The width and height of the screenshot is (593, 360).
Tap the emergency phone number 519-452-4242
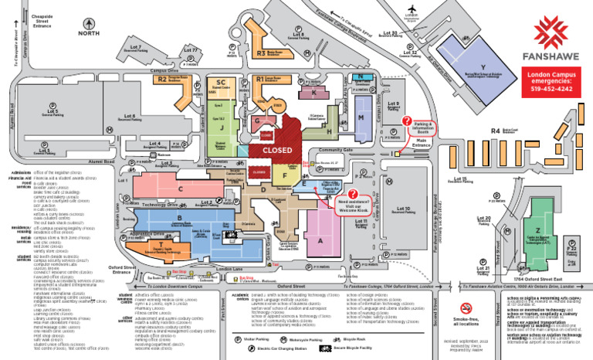pos(551,90)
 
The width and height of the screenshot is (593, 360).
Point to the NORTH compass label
pos(86,32)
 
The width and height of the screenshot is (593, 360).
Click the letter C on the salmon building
pos(181,188)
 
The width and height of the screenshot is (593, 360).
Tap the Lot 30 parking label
pos(390,33)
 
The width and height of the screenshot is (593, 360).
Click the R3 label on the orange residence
pos(261,53)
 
